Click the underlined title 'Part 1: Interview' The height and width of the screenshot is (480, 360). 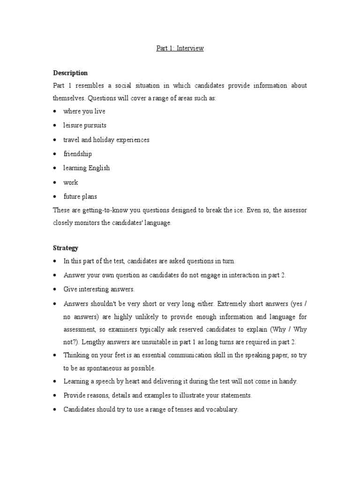coord(180,48)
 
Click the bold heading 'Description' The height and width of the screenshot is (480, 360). coord(70,73)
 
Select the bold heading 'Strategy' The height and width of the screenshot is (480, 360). coord(66,247)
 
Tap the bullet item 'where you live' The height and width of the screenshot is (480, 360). coord(84,112)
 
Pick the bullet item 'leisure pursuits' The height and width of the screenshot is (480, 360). coord(85,126)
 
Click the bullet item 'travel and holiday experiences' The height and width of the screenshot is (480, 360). coord(106,140)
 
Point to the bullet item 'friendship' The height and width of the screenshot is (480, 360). coord(78,154)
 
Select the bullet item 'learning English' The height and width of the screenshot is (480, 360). coord(87,168)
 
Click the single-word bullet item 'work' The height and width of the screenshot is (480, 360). coord(71,182)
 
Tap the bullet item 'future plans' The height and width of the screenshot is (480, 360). coord(80,197)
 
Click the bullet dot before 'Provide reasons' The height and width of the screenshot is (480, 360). coord(55,396)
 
